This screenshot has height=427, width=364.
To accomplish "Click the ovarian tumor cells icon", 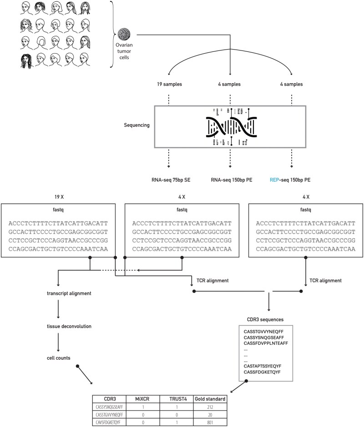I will pyautogui.click(x=124, y=34).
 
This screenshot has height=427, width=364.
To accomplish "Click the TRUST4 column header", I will pyautogui.click(x=176, y=399).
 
